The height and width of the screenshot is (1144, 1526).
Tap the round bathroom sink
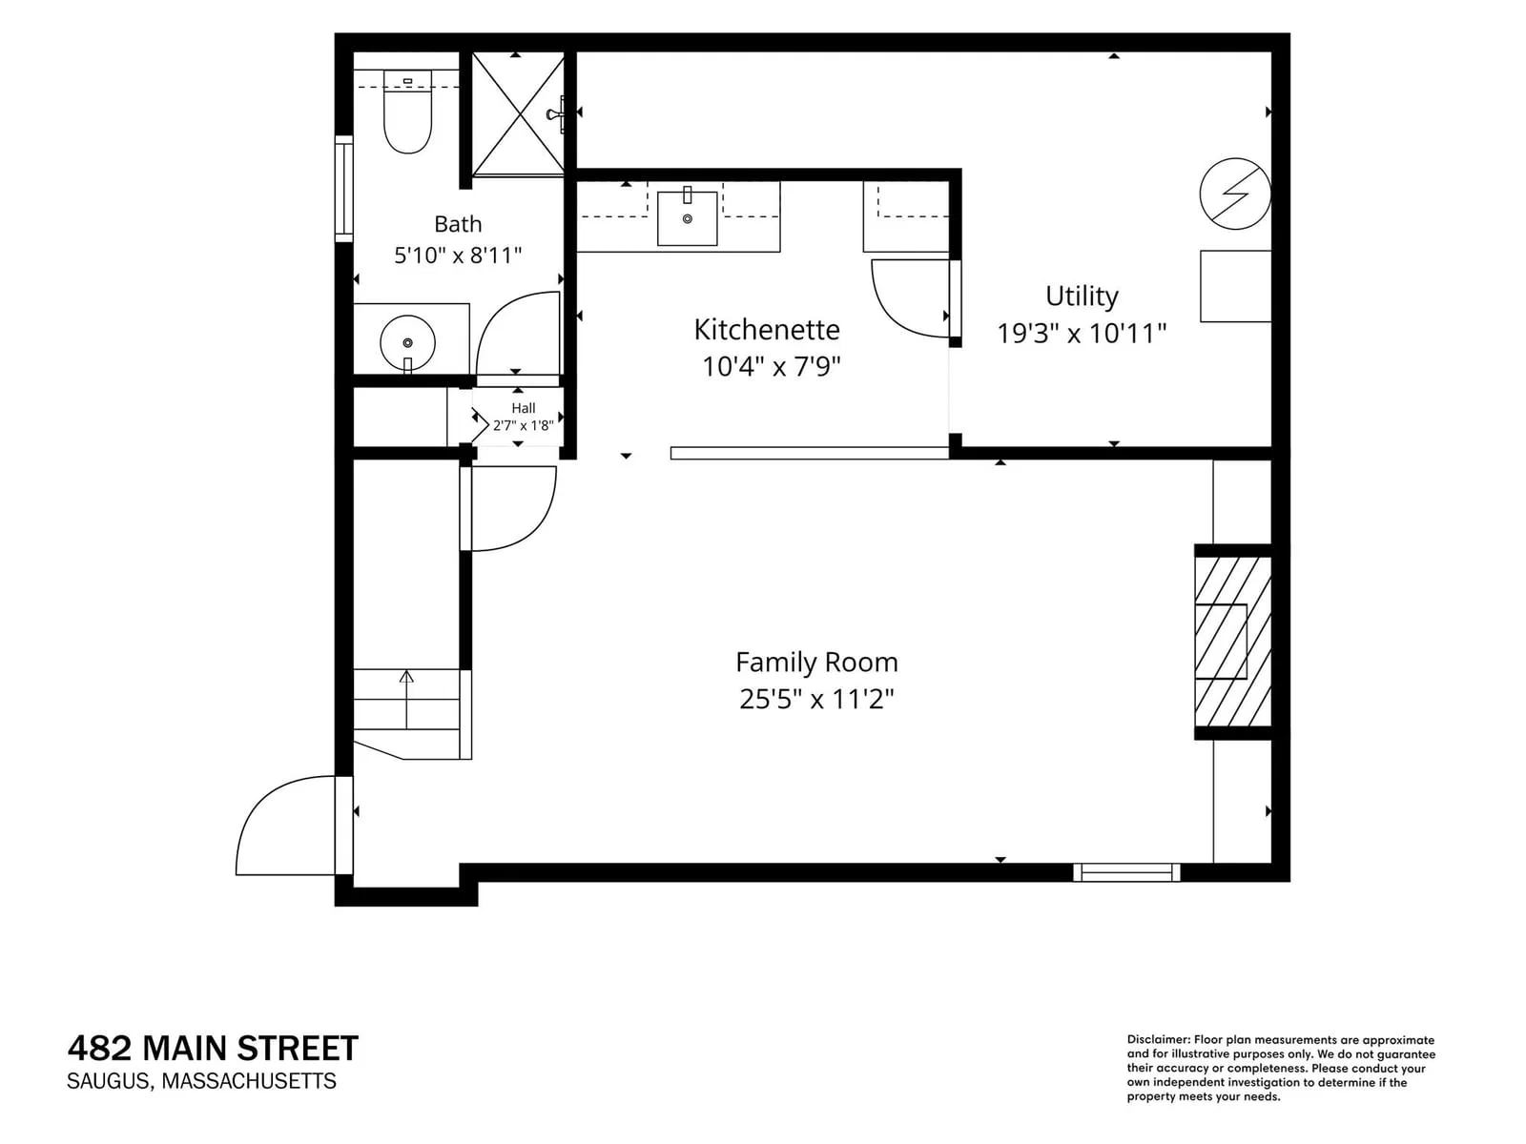click(x=407, y=342)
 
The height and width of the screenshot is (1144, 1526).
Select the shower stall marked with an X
click(x=518, y=113)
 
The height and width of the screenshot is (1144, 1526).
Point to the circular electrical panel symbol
click(x=1235, y=194)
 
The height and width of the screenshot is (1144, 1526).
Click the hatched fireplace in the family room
click(x=1232, y=641)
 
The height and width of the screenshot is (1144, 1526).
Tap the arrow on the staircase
click(x=406, y=700)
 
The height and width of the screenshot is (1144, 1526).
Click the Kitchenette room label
click(x=766, y=330)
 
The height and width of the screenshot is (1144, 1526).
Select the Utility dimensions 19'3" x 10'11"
click(x=1082, y=334)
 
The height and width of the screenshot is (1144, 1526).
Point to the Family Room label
click(x=816, y=662)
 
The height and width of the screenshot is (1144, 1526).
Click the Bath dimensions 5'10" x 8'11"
click(x=458, y=255)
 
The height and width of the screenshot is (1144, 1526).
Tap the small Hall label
click(x=524, y=408)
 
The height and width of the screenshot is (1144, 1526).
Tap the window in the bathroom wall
click(x=344, y=189)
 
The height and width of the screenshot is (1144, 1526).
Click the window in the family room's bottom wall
click(x=1126, y=872)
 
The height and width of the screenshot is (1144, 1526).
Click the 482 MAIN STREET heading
click(x=213, y=1049)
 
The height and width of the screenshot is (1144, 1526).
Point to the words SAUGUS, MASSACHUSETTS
click(x=201, y=1081)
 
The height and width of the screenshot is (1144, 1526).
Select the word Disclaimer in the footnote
click(x=1158, y=1040)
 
